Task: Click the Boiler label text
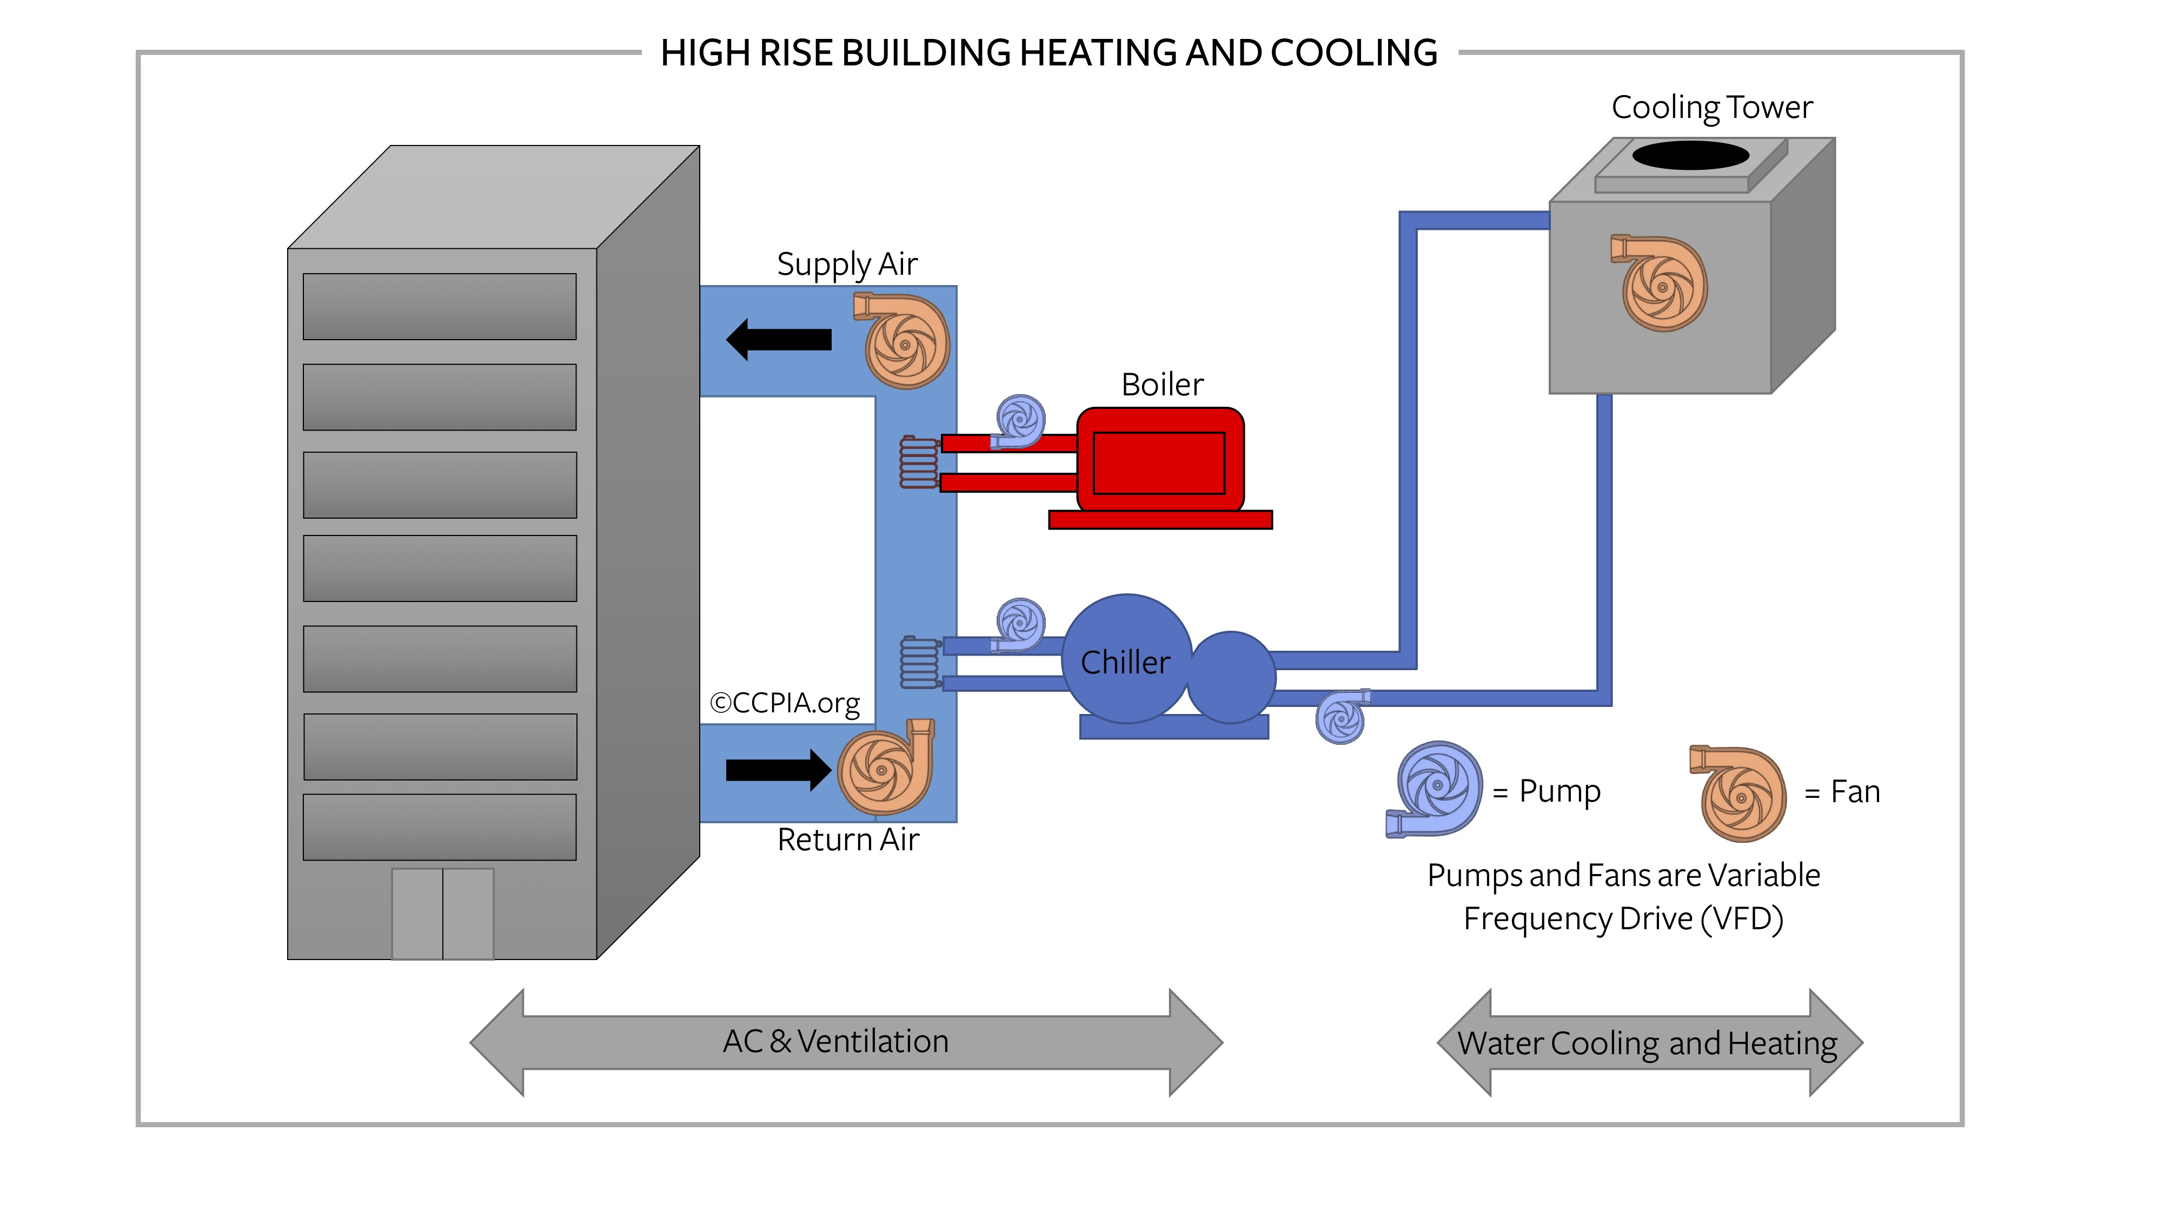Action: [x=1162, y=385]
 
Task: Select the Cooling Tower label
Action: [x=1711, y=108]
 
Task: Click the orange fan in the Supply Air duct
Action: [x=904, y=342]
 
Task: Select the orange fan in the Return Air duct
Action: [x=884, y=769]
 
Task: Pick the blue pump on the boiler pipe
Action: [x=1019, y=420]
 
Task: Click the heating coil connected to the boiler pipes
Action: [x=919, y=462]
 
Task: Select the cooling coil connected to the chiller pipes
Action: [x=919, y=663]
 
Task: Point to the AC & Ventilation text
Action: [x=835, y=1041]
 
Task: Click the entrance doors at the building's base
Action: [x=442, y=914]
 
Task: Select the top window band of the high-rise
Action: [x=439, y=307]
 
